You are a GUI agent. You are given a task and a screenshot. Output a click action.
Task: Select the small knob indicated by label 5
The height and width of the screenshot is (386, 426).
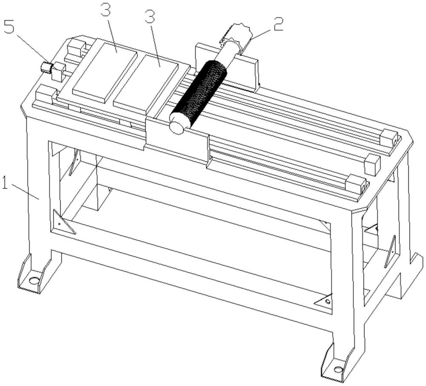47,67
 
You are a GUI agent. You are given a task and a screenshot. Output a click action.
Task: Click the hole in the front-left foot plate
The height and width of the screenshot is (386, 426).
34,280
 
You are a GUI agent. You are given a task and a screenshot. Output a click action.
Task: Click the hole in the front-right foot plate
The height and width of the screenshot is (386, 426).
339,369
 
